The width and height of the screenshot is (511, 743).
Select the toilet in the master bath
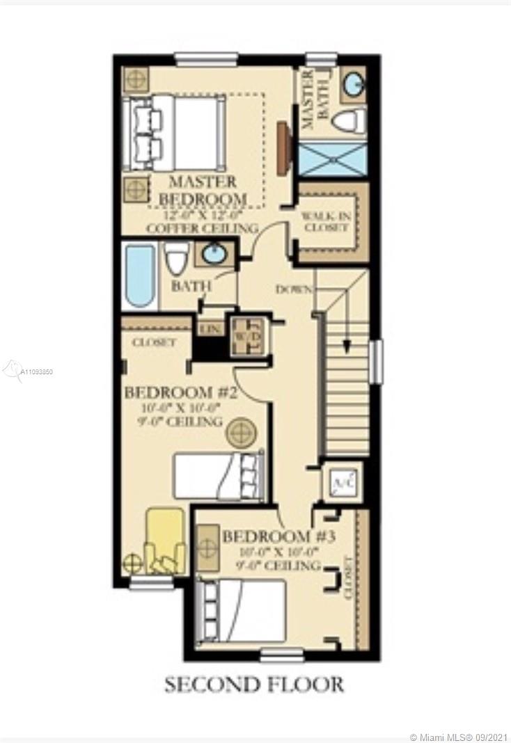pos(348,121)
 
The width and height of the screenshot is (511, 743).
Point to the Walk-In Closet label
pos(324,222)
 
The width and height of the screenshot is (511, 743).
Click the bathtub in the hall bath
pos(140,278)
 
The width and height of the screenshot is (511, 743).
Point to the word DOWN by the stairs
pos(293,289)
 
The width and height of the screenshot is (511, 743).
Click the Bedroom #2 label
pos(181,393)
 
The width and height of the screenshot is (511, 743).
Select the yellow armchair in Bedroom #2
pos(165,539)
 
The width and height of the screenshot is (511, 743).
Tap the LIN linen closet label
pos(208,327)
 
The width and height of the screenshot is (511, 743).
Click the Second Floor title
pos(253,685)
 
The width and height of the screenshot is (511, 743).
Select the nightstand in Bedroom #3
pos(207,547)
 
